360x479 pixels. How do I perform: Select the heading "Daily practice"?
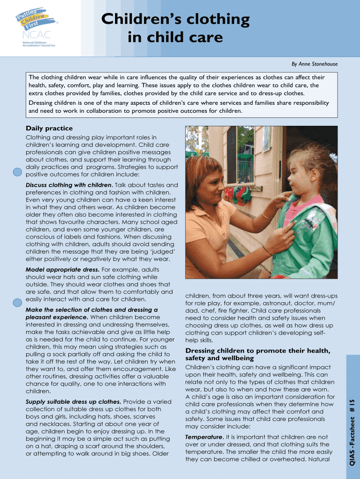[49, 128]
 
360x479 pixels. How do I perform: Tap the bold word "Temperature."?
[204, 437]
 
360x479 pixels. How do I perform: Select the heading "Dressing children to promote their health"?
[258, 351]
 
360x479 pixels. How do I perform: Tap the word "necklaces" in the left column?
[50, 424]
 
